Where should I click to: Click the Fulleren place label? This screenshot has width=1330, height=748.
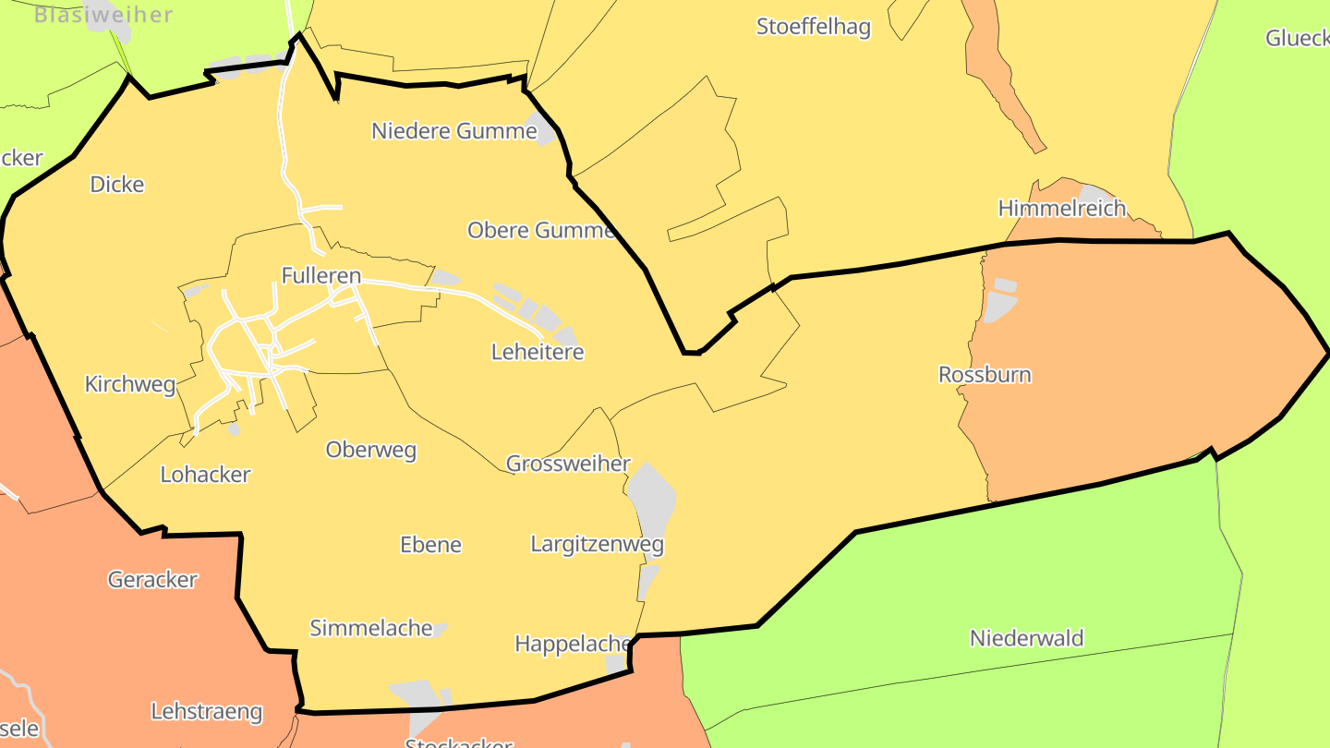(x=320, y=275)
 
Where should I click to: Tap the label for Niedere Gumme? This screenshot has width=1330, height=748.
(x=453, y=131)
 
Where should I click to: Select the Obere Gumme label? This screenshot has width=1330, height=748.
(x=540, y=230)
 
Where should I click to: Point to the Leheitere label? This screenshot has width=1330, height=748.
(x=538, y=352)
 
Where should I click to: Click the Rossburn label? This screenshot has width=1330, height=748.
(x=985, y=375)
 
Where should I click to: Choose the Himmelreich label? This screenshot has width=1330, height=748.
(x=1061, y=208)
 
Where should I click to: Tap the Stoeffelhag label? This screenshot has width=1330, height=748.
(x=813, y=27)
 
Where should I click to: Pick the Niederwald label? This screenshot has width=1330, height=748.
(x=1026, y=638)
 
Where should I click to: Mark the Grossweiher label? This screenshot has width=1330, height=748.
(x=568, y=464)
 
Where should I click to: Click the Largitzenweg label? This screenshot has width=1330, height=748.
(x=597, y=544)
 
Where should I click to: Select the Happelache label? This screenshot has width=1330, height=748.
(x=573, y=644)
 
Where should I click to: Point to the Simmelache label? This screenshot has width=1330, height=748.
(x=370, y=628)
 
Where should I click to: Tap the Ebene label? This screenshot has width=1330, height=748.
(x=430, y=545)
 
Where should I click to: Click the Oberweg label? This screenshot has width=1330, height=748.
(x=370, y=450)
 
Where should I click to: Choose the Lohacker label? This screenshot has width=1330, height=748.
(x=205, y=475)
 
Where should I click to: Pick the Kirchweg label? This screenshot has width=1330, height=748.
(x=129, y=384)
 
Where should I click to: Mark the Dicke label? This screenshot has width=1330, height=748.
(x=116, y=185)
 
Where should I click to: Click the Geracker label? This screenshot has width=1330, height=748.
(x=152, y=580)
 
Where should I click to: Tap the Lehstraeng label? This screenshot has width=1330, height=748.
(x=206, y=712)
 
